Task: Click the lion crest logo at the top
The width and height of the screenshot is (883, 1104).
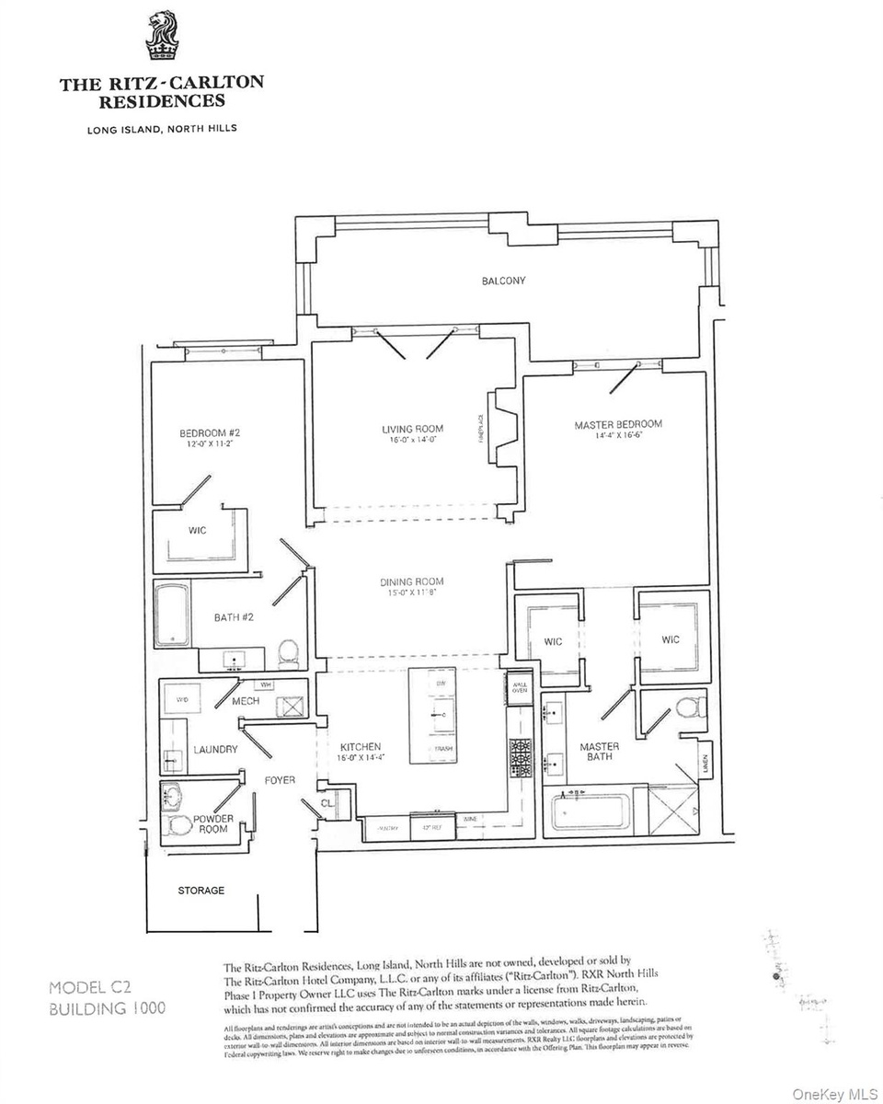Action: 161,36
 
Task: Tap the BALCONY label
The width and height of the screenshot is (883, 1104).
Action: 503,281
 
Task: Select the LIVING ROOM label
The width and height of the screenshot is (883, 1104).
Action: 413,429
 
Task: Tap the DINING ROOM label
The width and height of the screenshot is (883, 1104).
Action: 412,581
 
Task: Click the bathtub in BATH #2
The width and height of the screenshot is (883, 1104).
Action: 172,614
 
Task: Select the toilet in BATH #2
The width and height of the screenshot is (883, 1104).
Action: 288,653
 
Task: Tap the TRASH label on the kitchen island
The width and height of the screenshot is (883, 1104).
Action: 443,749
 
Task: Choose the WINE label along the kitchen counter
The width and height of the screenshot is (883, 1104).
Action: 470,818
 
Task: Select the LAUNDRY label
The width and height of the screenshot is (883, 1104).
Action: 215,750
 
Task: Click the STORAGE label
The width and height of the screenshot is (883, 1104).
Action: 201,891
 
